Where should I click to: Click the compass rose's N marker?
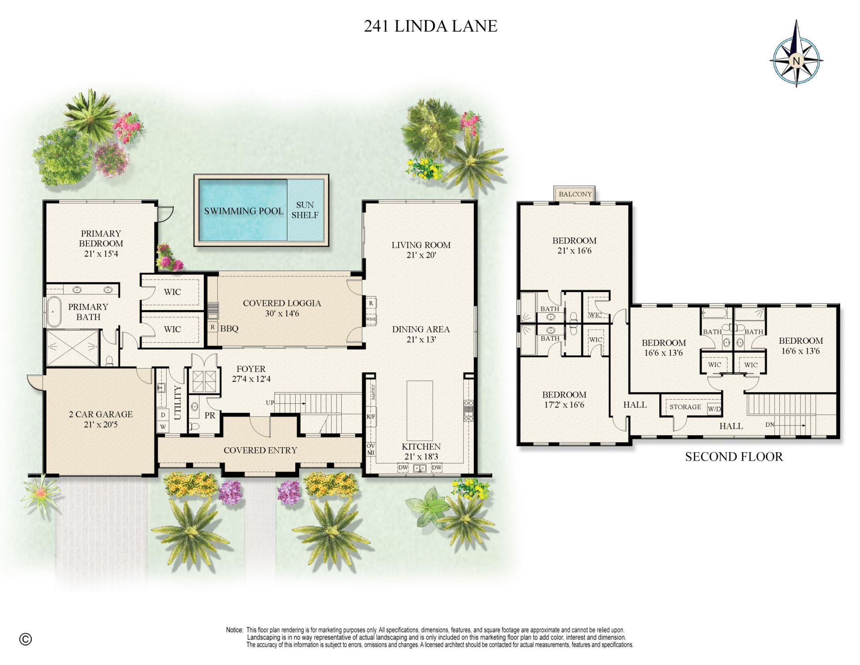796,60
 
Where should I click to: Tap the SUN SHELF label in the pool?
305,210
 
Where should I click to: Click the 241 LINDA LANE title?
430,26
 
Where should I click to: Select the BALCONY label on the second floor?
575,194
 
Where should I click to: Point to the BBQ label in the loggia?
229,328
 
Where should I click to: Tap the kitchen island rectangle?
420,410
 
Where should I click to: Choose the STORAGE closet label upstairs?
685,407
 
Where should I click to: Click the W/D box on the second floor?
714,409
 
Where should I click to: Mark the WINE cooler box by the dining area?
371,320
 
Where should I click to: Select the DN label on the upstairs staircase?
770,424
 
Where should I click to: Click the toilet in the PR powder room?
194,426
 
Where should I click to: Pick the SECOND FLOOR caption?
734,457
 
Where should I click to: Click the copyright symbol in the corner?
26,639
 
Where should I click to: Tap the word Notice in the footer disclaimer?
234,630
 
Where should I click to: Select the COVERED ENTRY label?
260,450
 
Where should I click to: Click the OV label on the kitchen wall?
371,446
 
